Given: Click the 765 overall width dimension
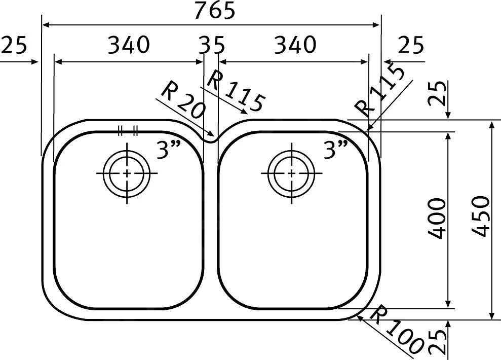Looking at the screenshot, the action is coord(215,10).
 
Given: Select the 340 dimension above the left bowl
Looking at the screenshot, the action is coord(129,45).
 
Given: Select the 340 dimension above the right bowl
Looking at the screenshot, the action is coord(295,45).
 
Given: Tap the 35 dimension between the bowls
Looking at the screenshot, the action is coord(212,45).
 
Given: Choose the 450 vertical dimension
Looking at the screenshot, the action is coord(480,217).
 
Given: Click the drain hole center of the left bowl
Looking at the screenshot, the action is coord(127,173).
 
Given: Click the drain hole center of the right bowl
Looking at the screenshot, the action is coord(291,173).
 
